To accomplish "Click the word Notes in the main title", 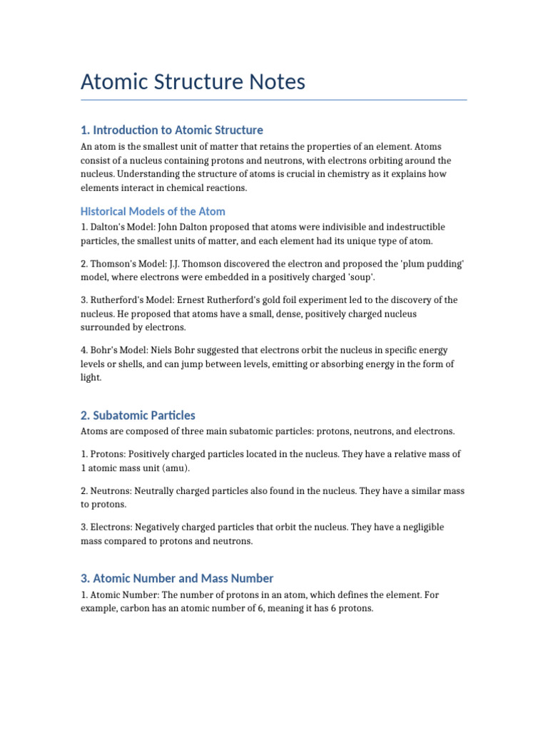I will (x=275, y=82).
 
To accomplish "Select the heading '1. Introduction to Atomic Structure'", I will (x=171, y=130).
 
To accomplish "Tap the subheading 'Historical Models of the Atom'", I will (x=153, y=211).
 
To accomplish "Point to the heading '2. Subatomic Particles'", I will (x=138, y=415).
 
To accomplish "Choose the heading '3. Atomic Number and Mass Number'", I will (x=177, y=578).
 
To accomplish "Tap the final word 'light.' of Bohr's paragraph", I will (x=91, y=378).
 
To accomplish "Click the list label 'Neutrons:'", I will (x=111, y=490).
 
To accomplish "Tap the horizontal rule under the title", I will (x=274, y=100).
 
